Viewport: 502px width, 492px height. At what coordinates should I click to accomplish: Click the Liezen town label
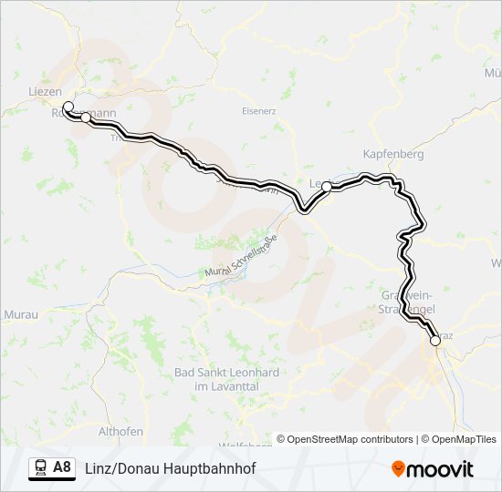46,92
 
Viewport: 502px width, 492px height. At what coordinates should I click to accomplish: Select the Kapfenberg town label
393,154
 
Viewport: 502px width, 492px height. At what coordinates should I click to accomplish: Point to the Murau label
20,313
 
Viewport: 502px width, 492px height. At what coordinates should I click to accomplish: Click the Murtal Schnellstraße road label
243,259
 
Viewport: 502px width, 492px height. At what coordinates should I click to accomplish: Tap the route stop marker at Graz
435,342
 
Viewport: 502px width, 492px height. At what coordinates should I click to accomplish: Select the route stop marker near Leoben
326,186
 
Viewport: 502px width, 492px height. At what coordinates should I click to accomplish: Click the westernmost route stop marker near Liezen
68,107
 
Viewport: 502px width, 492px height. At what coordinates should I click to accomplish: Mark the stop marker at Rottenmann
86,118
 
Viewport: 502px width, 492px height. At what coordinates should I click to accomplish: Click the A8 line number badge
62,468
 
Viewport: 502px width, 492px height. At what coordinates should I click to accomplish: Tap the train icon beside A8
40,468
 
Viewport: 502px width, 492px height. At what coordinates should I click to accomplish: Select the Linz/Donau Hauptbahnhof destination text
170,468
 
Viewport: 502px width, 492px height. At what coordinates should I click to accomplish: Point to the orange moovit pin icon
398,469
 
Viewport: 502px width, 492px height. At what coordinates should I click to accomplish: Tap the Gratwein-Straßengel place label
406,303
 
